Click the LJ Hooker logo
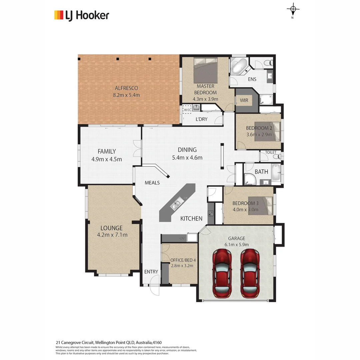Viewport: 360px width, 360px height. click(82, 15)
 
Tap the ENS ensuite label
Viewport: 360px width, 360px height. click(252, 79)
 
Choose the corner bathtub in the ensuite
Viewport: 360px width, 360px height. click(239, 66)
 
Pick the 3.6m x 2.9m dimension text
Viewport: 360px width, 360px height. click(259, 135)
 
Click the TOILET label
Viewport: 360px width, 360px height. click(271, 152)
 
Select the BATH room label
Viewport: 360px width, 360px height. click(261, 172)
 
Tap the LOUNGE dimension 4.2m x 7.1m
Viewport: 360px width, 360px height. click(112, 235)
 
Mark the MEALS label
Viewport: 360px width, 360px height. click(152, 183)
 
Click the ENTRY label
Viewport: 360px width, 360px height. click(151, 272)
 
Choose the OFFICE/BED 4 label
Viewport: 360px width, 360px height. click(183, 260)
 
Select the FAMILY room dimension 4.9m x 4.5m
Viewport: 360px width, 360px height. click(106, 159)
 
